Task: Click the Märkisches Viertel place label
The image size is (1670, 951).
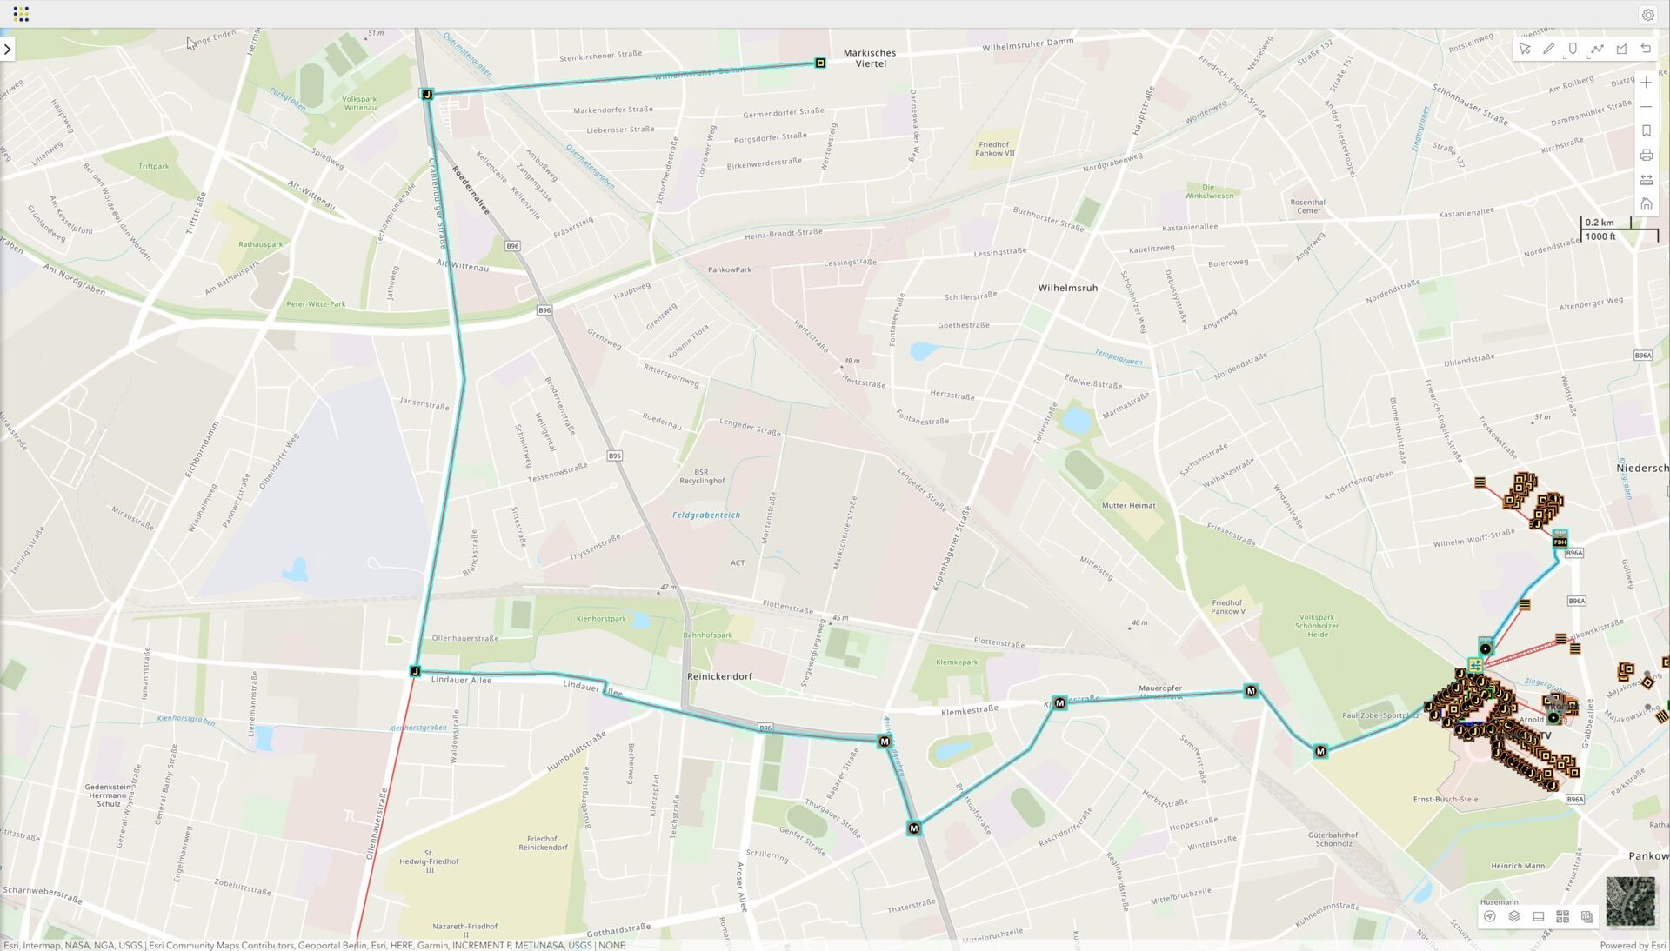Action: (869, 58)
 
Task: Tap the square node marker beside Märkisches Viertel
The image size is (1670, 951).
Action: (820, 63)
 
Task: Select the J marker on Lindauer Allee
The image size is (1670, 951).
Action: (415, 671)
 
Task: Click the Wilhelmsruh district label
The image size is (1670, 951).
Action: (1067, 288)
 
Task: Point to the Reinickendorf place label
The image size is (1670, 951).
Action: (719, 676)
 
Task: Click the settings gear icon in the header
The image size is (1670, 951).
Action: (1647, 15)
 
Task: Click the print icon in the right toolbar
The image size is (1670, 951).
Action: (1646, 156)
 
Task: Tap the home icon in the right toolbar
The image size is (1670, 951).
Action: (1646, 204)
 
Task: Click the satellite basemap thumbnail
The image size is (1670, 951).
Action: (1630, 901)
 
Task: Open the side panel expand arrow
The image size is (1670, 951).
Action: (8, 50)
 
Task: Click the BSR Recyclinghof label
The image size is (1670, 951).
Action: (701, 476)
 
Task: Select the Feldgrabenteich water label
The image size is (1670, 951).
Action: (706, 515)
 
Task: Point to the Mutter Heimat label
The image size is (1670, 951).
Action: (1128, 506)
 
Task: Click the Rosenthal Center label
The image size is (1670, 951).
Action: (1308, 206)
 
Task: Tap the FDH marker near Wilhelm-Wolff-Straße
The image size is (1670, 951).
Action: (1560, 542)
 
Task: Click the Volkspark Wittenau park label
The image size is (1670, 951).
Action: (359, 103)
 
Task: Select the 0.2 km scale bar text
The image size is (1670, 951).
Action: (1599, 223)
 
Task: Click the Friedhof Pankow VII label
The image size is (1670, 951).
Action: (994, 149)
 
